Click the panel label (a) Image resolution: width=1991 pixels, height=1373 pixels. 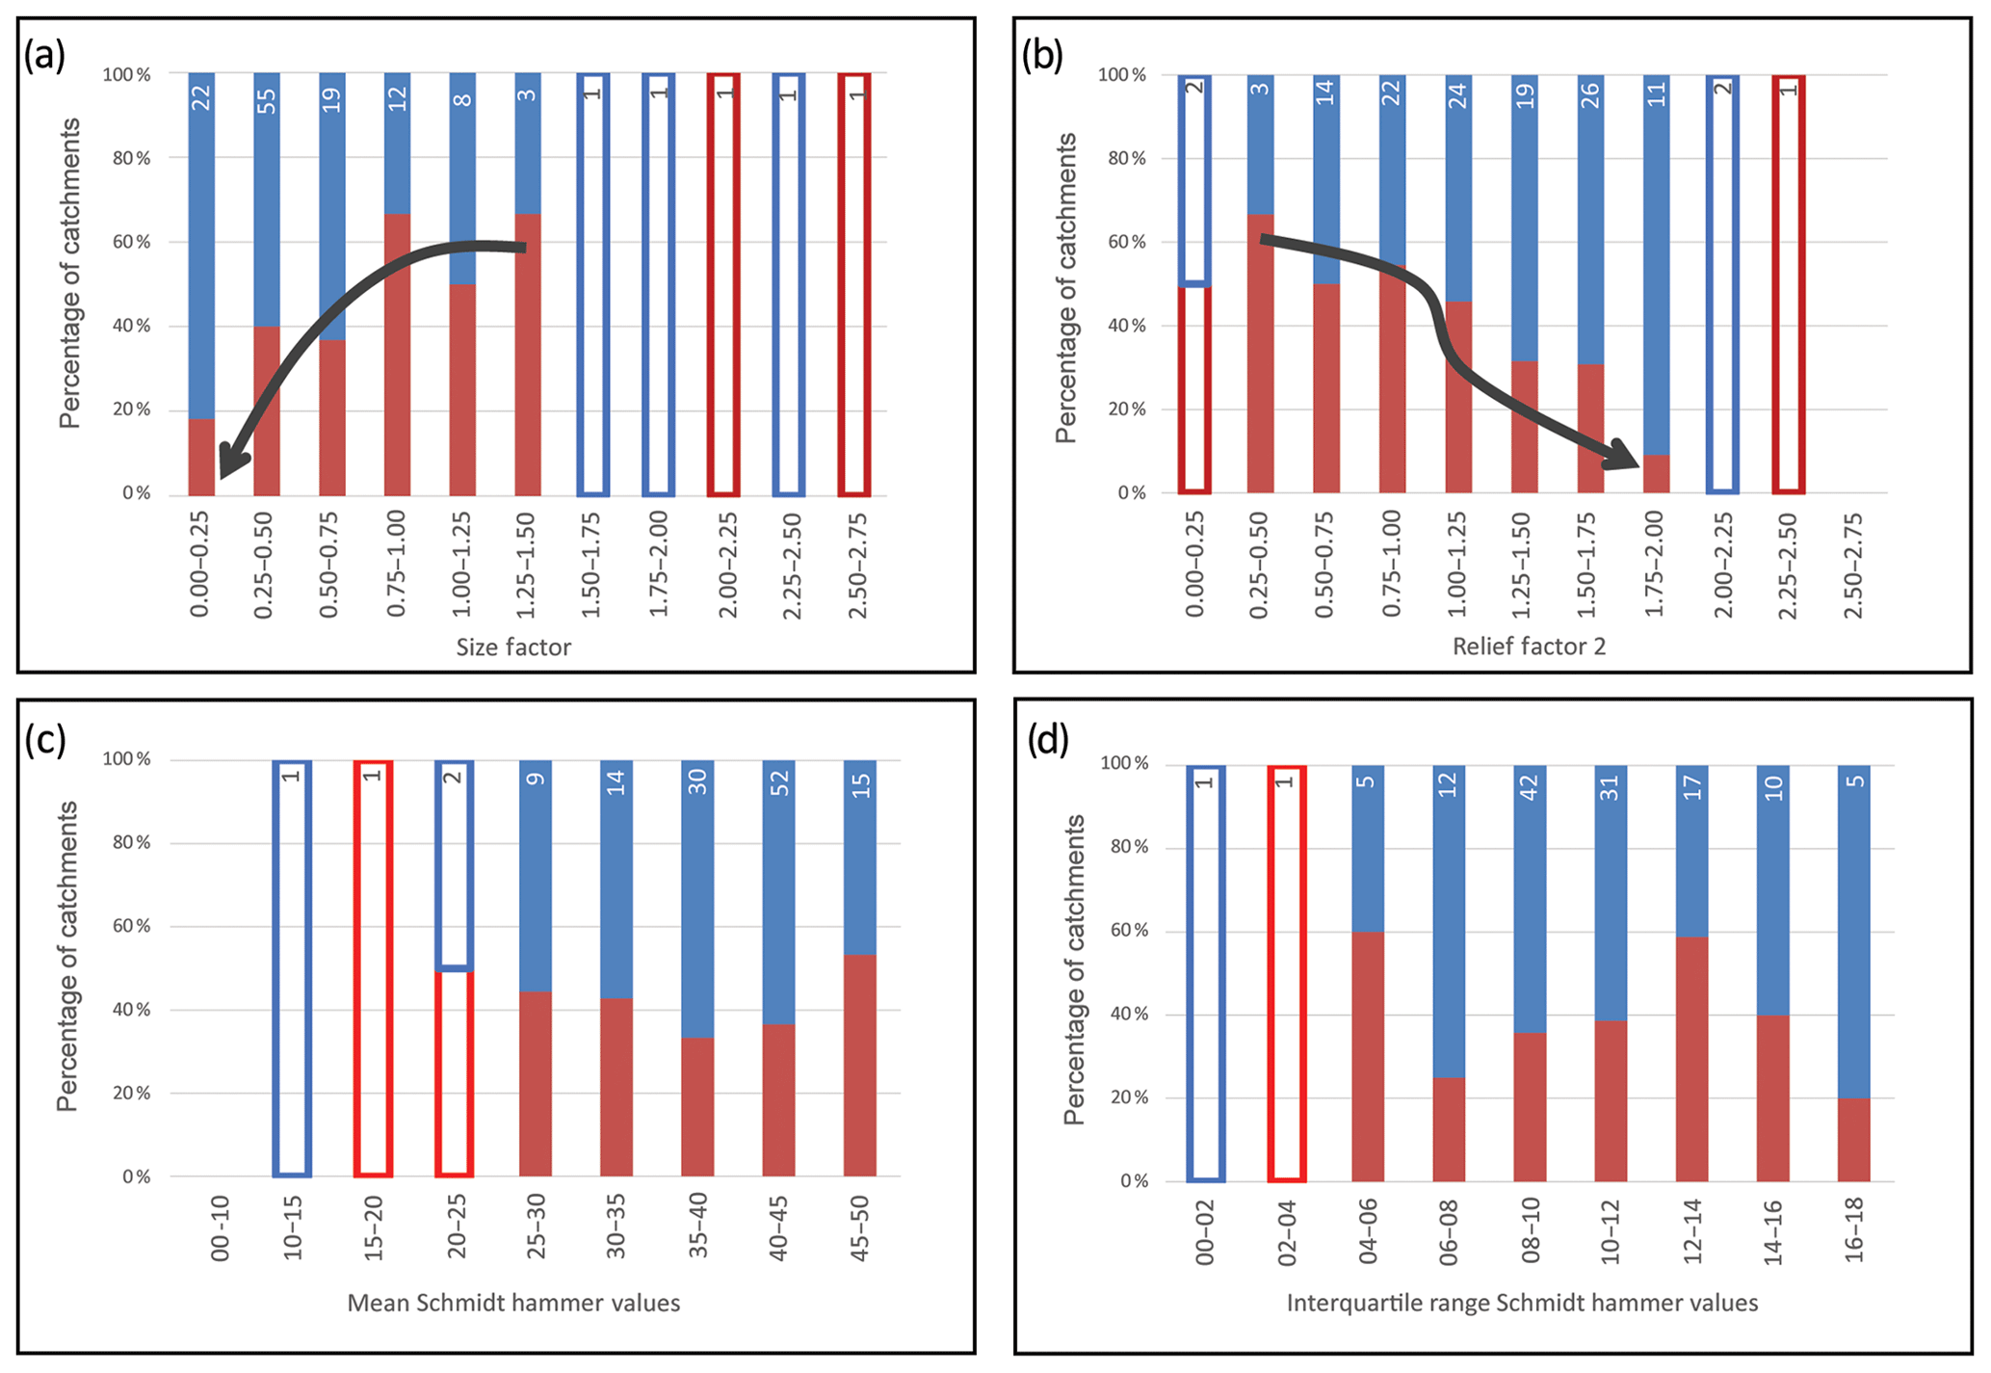coord(44,55)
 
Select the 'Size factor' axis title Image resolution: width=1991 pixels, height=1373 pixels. coord(513,647)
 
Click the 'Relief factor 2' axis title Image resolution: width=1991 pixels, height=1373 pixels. coord(1529,647)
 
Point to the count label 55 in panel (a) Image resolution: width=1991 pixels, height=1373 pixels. coord(267,100)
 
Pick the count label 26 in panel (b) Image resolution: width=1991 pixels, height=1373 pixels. coord(1590,96)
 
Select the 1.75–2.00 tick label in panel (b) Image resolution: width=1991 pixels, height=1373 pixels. coord(1655,565)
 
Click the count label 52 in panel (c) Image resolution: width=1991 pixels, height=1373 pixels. coord(779,782)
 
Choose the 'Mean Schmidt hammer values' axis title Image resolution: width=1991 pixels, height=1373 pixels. coord(513,1304)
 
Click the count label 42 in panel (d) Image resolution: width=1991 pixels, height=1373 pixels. coord(1530,787)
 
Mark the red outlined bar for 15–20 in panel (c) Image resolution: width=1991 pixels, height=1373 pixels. coord(373,968)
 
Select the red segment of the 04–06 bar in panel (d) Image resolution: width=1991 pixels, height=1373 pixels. coord(1368,1057)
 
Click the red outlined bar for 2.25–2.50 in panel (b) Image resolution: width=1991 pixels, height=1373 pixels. coord(1788,284)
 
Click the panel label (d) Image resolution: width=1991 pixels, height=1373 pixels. coord(1048,740)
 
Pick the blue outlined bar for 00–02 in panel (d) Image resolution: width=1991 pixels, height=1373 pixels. coord(1205,973)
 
